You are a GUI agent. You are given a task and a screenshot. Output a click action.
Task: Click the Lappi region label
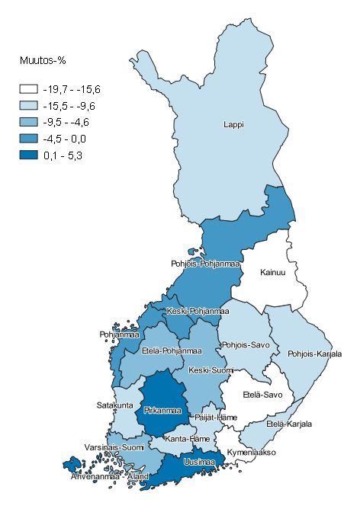[x=233, y=124]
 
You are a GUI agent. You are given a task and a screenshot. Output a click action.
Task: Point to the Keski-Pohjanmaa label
[x=198, y=312]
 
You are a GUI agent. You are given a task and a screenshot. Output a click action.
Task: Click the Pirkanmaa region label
[x=162, y=411]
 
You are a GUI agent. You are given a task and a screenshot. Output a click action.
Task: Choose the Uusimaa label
[x=198, y=462]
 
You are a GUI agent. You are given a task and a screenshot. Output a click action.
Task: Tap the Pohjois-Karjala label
[x=314, y=354]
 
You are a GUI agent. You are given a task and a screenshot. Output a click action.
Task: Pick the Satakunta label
[x=115, y=405]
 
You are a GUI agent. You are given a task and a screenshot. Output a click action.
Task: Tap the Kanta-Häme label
[x=185, y=439]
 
